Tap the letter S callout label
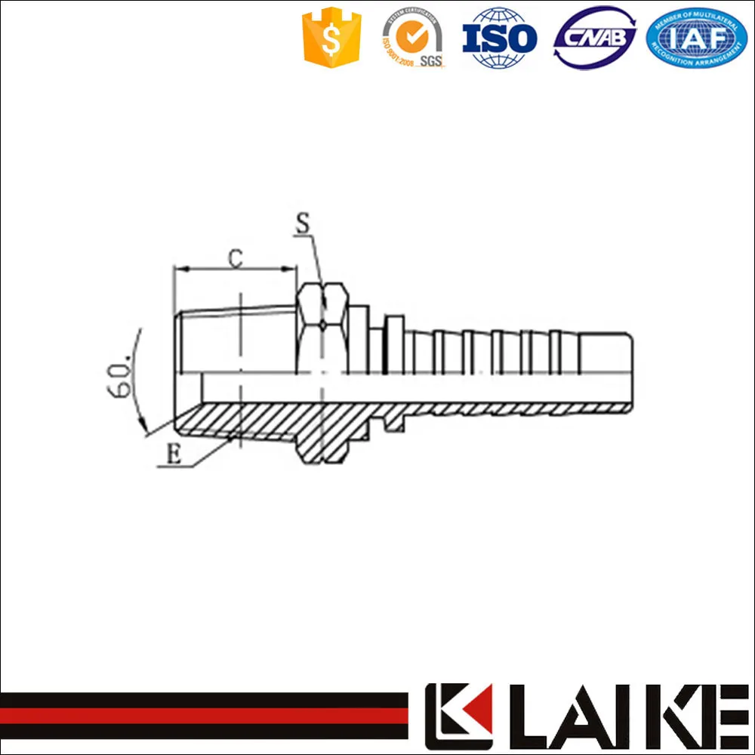[x=302, y=224]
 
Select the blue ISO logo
[x=499, y=38]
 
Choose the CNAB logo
[x=595, y=37]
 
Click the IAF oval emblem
[x=696, y=37]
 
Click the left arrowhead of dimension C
[x=179, y=267]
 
